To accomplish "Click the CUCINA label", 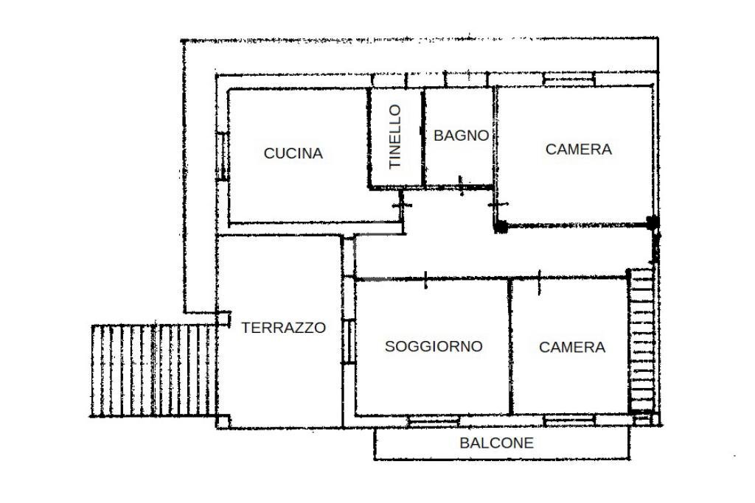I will click(293, 153).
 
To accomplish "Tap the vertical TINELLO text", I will click(395, 136).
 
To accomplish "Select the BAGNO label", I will click(460, 136).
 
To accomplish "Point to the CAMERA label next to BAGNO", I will click(578, 149).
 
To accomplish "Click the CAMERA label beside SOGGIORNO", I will click(572, 347).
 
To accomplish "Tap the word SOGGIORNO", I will click(434, 346).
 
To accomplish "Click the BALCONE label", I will click(496, 443).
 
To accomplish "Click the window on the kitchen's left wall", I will click(220, 156).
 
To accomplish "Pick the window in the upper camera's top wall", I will click(569, 77).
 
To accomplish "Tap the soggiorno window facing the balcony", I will click(434, 421).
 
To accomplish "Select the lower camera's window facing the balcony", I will click(569, 420).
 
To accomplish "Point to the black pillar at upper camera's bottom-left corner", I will click(501, 227).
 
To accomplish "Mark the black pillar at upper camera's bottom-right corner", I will click(652, 221).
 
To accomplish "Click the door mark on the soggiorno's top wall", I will click(426, 279).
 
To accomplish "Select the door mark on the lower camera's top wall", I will click(539, 281).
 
